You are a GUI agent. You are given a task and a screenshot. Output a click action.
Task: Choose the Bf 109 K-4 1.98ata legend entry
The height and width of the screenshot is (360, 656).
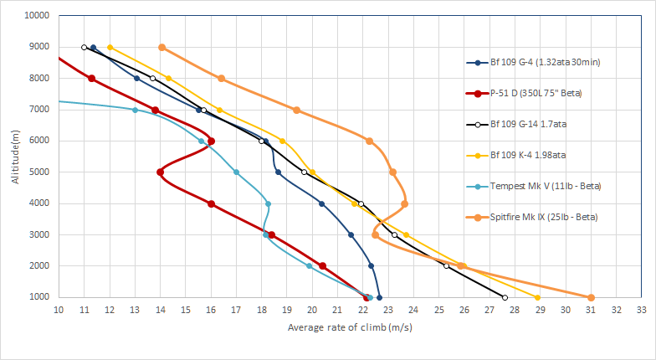click(x=533, y=155)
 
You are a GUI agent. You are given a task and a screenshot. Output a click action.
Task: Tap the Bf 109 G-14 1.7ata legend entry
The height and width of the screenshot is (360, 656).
click(x=533, y=124)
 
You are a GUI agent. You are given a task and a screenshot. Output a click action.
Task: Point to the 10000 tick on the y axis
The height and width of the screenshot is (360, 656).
click(x=37, y=16)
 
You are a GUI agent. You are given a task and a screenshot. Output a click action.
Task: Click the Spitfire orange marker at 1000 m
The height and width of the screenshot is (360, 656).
click(x=591, y=297)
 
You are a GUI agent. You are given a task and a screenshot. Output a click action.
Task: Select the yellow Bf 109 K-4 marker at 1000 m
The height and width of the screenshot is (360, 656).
click(x=537, y=297)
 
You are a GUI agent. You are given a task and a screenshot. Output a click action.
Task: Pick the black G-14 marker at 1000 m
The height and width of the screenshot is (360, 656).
click(x=505, y=297)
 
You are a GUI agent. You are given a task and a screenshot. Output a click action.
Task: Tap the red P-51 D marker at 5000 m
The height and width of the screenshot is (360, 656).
click(x=160, y=172)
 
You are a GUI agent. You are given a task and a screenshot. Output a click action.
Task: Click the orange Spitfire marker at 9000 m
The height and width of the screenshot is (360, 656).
click(x=161, y=47)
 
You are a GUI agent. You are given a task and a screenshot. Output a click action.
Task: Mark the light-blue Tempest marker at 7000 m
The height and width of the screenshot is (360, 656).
click(x=135, y=110)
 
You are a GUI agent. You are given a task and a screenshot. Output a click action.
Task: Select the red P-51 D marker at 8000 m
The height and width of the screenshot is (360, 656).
click(x=91, y=79)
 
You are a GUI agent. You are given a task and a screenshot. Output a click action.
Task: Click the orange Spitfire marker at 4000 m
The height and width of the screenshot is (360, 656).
click(x=404, y=203)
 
